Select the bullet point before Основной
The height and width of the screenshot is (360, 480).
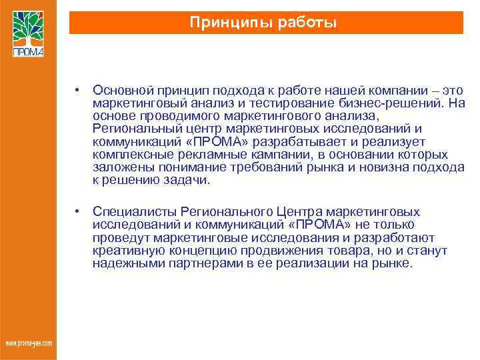pos(78,90)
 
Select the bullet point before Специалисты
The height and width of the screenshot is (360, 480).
pos(78,211)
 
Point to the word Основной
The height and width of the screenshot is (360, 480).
pos(120,90)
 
